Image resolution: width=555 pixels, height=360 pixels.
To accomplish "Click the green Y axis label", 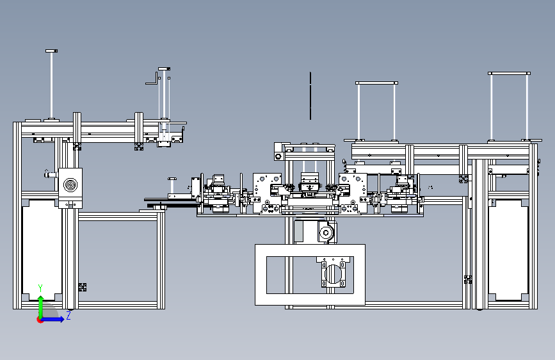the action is (x=40, y=288).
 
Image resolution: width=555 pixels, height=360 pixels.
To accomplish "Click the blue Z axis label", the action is (x=68, y=315).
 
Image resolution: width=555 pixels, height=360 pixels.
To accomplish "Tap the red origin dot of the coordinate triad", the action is (x=39, y=320).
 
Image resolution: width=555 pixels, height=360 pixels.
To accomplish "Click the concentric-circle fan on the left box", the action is (x=70, y=184).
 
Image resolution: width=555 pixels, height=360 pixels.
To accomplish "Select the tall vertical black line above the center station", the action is (x=310, y=95).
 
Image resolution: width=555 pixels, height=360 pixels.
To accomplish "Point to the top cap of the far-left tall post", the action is (x=51, y=51).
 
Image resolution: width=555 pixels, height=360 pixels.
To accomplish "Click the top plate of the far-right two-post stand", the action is (x=509, y=74).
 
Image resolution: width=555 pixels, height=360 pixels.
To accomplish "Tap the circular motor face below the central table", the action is (x=326, y=233).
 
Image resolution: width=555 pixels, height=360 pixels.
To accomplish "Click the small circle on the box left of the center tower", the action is (x=278, y=156).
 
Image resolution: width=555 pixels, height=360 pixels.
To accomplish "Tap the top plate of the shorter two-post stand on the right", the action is (x=376, y=83).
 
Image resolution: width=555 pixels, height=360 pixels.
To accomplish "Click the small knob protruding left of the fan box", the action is (x=51, y=174).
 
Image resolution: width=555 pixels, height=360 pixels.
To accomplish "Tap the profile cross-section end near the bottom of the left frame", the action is (x=83, y=287).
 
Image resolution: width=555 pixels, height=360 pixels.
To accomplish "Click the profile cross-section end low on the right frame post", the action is (x=468, y=279).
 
